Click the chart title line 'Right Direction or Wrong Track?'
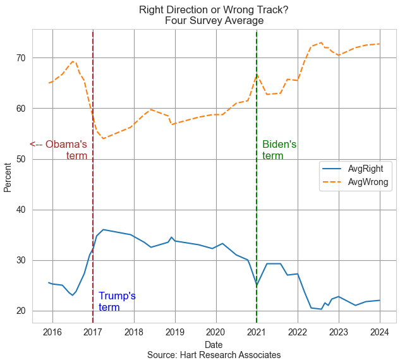coord(214,9)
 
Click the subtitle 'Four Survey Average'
coord(214,21)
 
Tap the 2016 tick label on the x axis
coord(52,333)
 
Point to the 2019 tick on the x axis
coord(175,333)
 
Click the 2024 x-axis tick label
coord(379,333)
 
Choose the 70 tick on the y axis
coord(21,58)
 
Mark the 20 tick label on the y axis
coord(21,311)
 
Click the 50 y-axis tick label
coord(21,159)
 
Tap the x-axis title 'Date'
coord(214,345)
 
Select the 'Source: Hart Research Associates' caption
coord(214,355)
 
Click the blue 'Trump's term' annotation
coord(117,302)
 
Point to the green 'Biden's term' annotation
coord(279,150)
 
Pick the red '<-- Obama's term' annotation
coord(59,150)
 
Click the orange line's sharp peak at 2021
coord(257,74)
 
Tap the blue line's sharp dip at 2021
coord(257,285)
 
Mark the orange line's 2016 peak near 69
coord(73,61)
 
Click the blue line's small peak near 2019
coord(171,237)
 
